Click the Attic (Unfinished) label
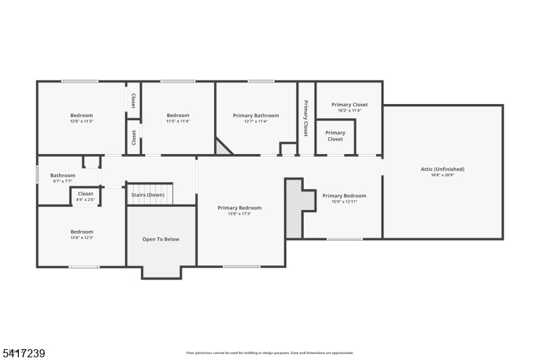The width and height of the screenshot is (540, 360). coord(443,169)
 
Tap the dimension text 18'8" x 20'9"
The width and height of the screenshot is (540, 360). coord(443,175)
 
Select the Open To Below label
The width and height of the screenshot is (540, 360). coord(161,239)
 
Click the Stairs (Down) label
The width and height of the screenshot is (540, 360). coord(148,195)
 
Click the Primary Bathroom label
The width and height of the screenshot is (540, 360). coord(256,115)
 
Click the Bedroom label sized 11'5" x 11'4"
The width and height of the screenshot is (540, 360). coord(178,115)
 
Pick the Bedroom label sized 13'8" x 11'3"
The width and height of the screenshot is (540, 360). coord(82,115)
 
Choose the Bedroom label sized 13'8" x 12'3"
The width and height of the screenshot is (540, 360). coord(82,232)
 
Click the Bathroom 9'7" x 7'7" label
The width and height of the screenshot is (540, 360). coord(63,176)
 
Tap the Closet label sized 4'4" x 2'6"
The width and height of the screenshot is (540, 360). coord(86,194)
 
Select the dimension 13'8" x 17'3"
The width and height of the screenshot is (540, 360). coord(240,213)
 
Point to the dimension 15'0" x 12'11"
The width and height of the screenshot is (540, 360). coord(344,201)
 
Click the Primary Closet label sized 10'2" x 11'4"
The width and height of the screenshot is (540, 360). coord(350,105)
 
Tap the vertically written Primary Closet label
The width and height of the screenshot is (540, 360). coord(306,118)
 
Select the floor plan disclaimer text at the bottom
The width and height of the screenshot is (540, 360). coord(270,353)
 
